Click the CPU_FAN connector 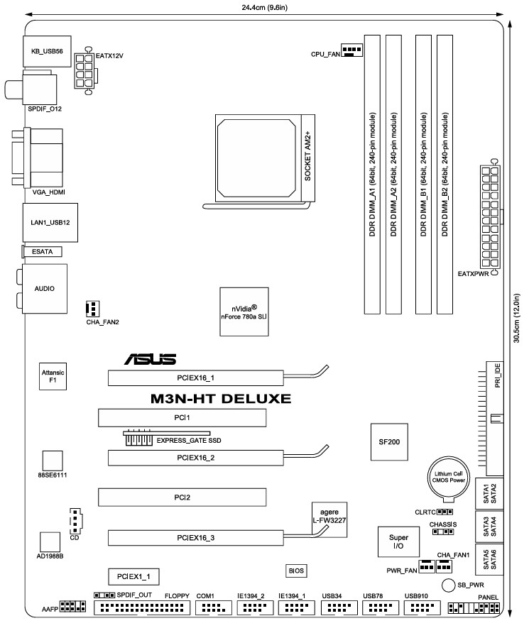351,50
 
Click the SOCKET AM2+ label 308,157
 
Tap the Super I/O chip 398,542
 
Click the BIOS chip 296,570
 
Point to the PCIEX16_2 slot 194,458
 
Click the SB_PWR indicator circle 447,585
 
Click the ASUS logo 150,360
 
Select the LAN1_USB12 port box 50,222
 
